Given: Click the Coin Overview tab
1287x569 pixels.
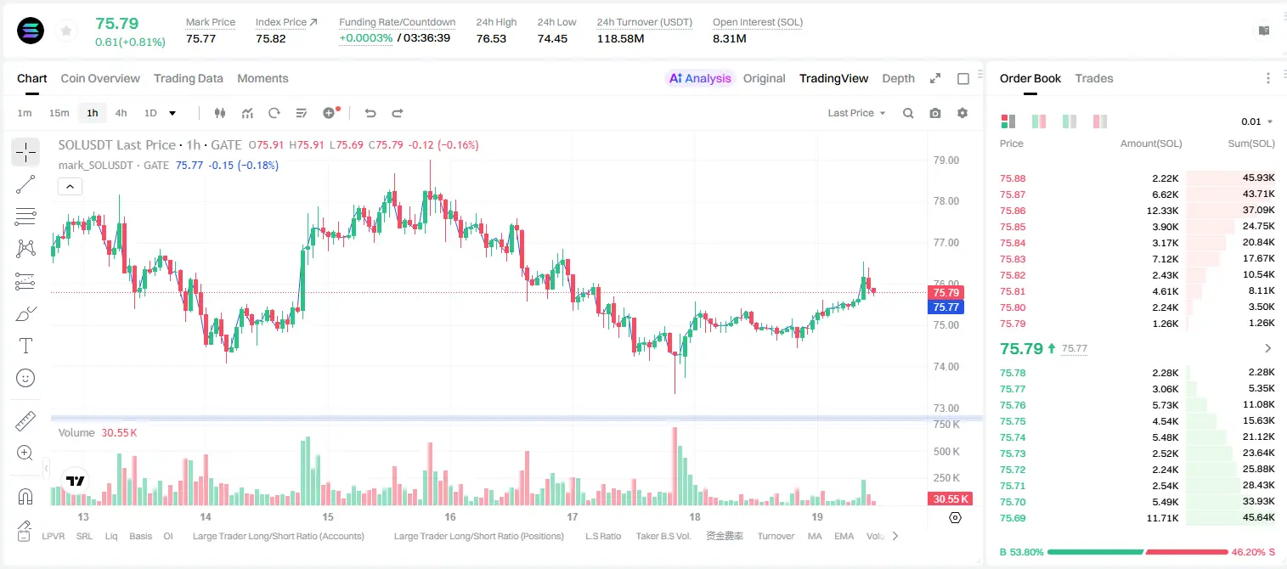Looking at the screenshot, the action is tap(100, 78).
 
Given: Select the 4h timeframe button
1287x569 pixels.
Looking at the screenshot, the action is tap(121, 113).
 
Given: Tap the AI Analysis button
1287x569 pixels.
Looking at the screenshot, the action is tap(700, 78).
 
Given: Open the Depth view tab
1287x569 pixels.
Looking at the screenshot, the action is tap(898, 78).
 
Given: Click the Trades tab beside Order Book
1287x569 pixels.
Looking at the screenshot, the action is tap(1094, 78).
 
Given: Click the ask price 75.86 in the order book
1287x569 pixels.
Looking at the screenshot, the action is tap(1013, 211).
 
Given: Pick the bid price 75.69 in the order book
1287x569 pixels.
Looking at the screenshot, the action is tap(1013, 518).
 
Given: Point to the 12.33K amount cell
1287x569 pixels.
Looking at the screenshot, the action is tap(1162, 211).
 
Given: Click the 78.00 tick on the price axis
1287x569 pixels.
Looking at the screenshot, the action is tap(945, 201).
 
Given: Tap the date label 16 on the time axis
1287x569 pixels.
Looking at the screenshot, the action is tap(450, 516).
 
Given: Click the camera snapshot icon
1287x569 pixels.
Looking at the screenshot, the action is tap(935, 113).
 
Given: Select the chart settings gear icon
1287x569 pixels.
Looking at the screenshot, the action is tap(962, 113).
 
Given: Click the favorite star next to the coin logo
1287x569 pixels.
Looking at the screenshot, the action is tap(66, 31).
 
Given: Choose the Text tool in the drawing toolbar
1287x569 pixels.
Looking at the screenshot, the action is tap(25, 346).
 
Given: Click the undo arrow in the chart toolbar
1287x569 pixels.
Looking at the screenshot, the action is tap(370, 113).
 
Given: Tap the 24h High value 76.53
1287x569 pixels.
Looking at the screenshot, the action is tap(491, 38).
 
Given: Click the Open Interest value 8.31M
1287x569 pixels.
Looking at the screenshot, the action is tap(729, 38).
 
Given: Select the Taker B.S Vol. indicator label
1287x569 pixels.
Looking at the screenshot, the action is tap(663, 536).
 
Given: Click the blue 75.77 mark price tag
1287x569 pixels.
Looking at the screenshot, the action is tap(945, 307).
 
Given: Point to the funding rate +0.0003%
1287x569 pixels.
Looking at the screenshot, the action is tap(365, 38).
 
